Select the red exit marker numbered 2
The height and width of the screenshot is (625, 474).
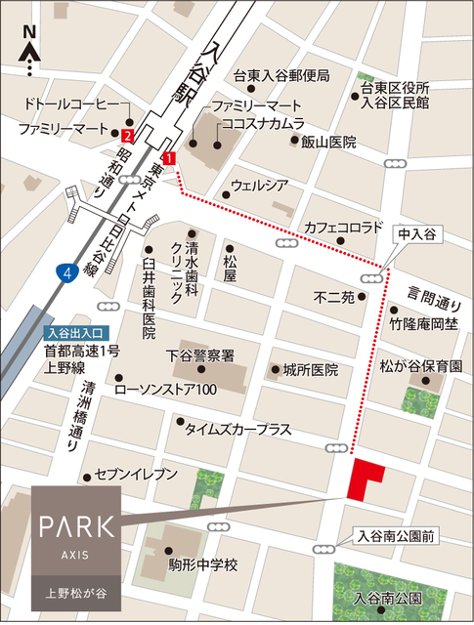click(x=128, y=136)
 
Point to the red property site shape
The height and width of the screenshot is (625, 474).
click(x=366, y=478)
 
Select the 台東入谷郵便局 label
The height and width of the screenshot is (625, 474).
click(x=281, y=76)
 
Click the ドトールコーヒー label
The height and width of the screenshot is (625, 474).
click(x=70, y=104)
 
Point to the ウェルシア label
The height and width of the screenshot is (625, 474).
click(x=258, y=185)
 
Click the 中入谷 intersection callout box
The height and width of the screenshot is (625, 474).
click(x=415, y=235)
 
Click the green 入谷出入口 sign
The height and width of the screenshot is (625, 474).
click(x=77, y=332)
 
